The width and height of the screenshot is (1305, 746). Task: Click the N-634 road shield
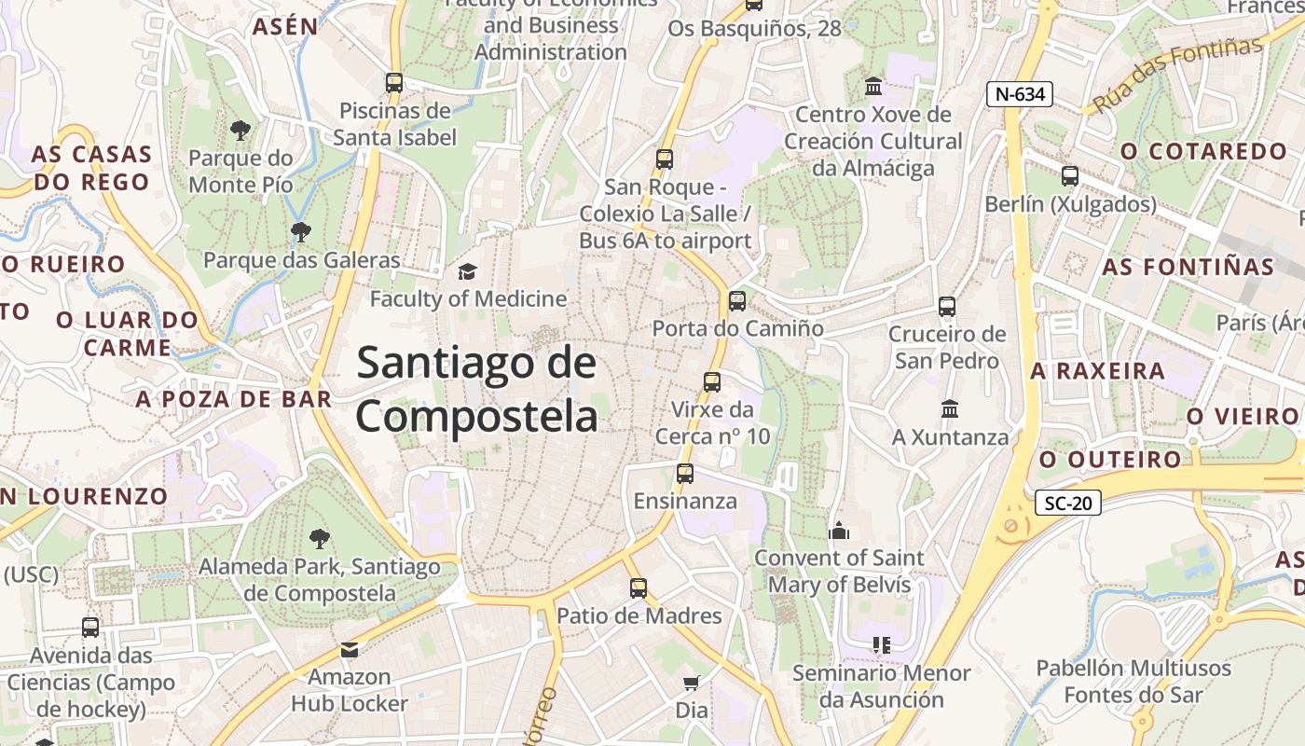[1020, 93]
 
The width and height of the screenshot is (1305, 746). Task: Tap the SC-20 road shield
[1068, 504]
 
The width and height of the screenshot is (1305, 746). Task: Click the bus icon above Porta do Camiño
[737, 301]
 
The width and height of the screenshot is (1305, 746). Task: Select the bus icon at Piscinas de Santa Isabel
[394, 82]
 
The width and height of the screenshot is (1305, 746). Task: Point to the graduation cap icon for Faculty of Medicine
[467, 271]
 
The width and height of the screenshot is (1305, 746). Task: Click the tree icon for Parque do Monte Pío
[240, 130]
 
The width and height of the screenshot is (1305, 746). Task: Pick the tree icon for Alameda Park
[319, 538]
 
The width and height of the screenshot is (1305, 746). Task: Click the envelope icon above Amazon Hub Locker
[350, 649]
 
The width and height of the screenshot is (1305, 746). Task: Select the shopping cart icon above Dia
[692, 683]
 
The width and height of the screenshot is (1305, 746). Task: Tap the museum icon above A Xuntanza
[950, 408]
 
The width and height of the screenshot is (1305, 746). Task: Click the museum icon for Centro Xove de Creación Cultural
[873, 87]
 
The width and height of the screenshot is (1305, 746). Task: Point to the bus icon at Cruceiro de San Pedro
[947, 306]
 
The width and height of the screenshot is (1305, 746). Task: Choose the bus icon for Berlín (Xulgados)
[1070, 175]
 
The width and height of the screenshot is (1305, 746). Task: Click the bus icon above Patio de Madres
[639, 588]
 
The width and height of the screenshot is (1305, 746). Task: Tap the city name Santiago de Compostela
[476, 388]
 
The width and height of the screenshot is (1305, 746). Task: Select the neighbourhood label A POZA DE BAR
[233, 399]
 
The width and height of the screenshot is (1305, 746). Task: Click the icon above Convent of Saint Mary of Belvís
[839, 531]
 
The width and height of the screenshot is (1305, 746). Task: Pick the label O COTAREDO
[1203, 151]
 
